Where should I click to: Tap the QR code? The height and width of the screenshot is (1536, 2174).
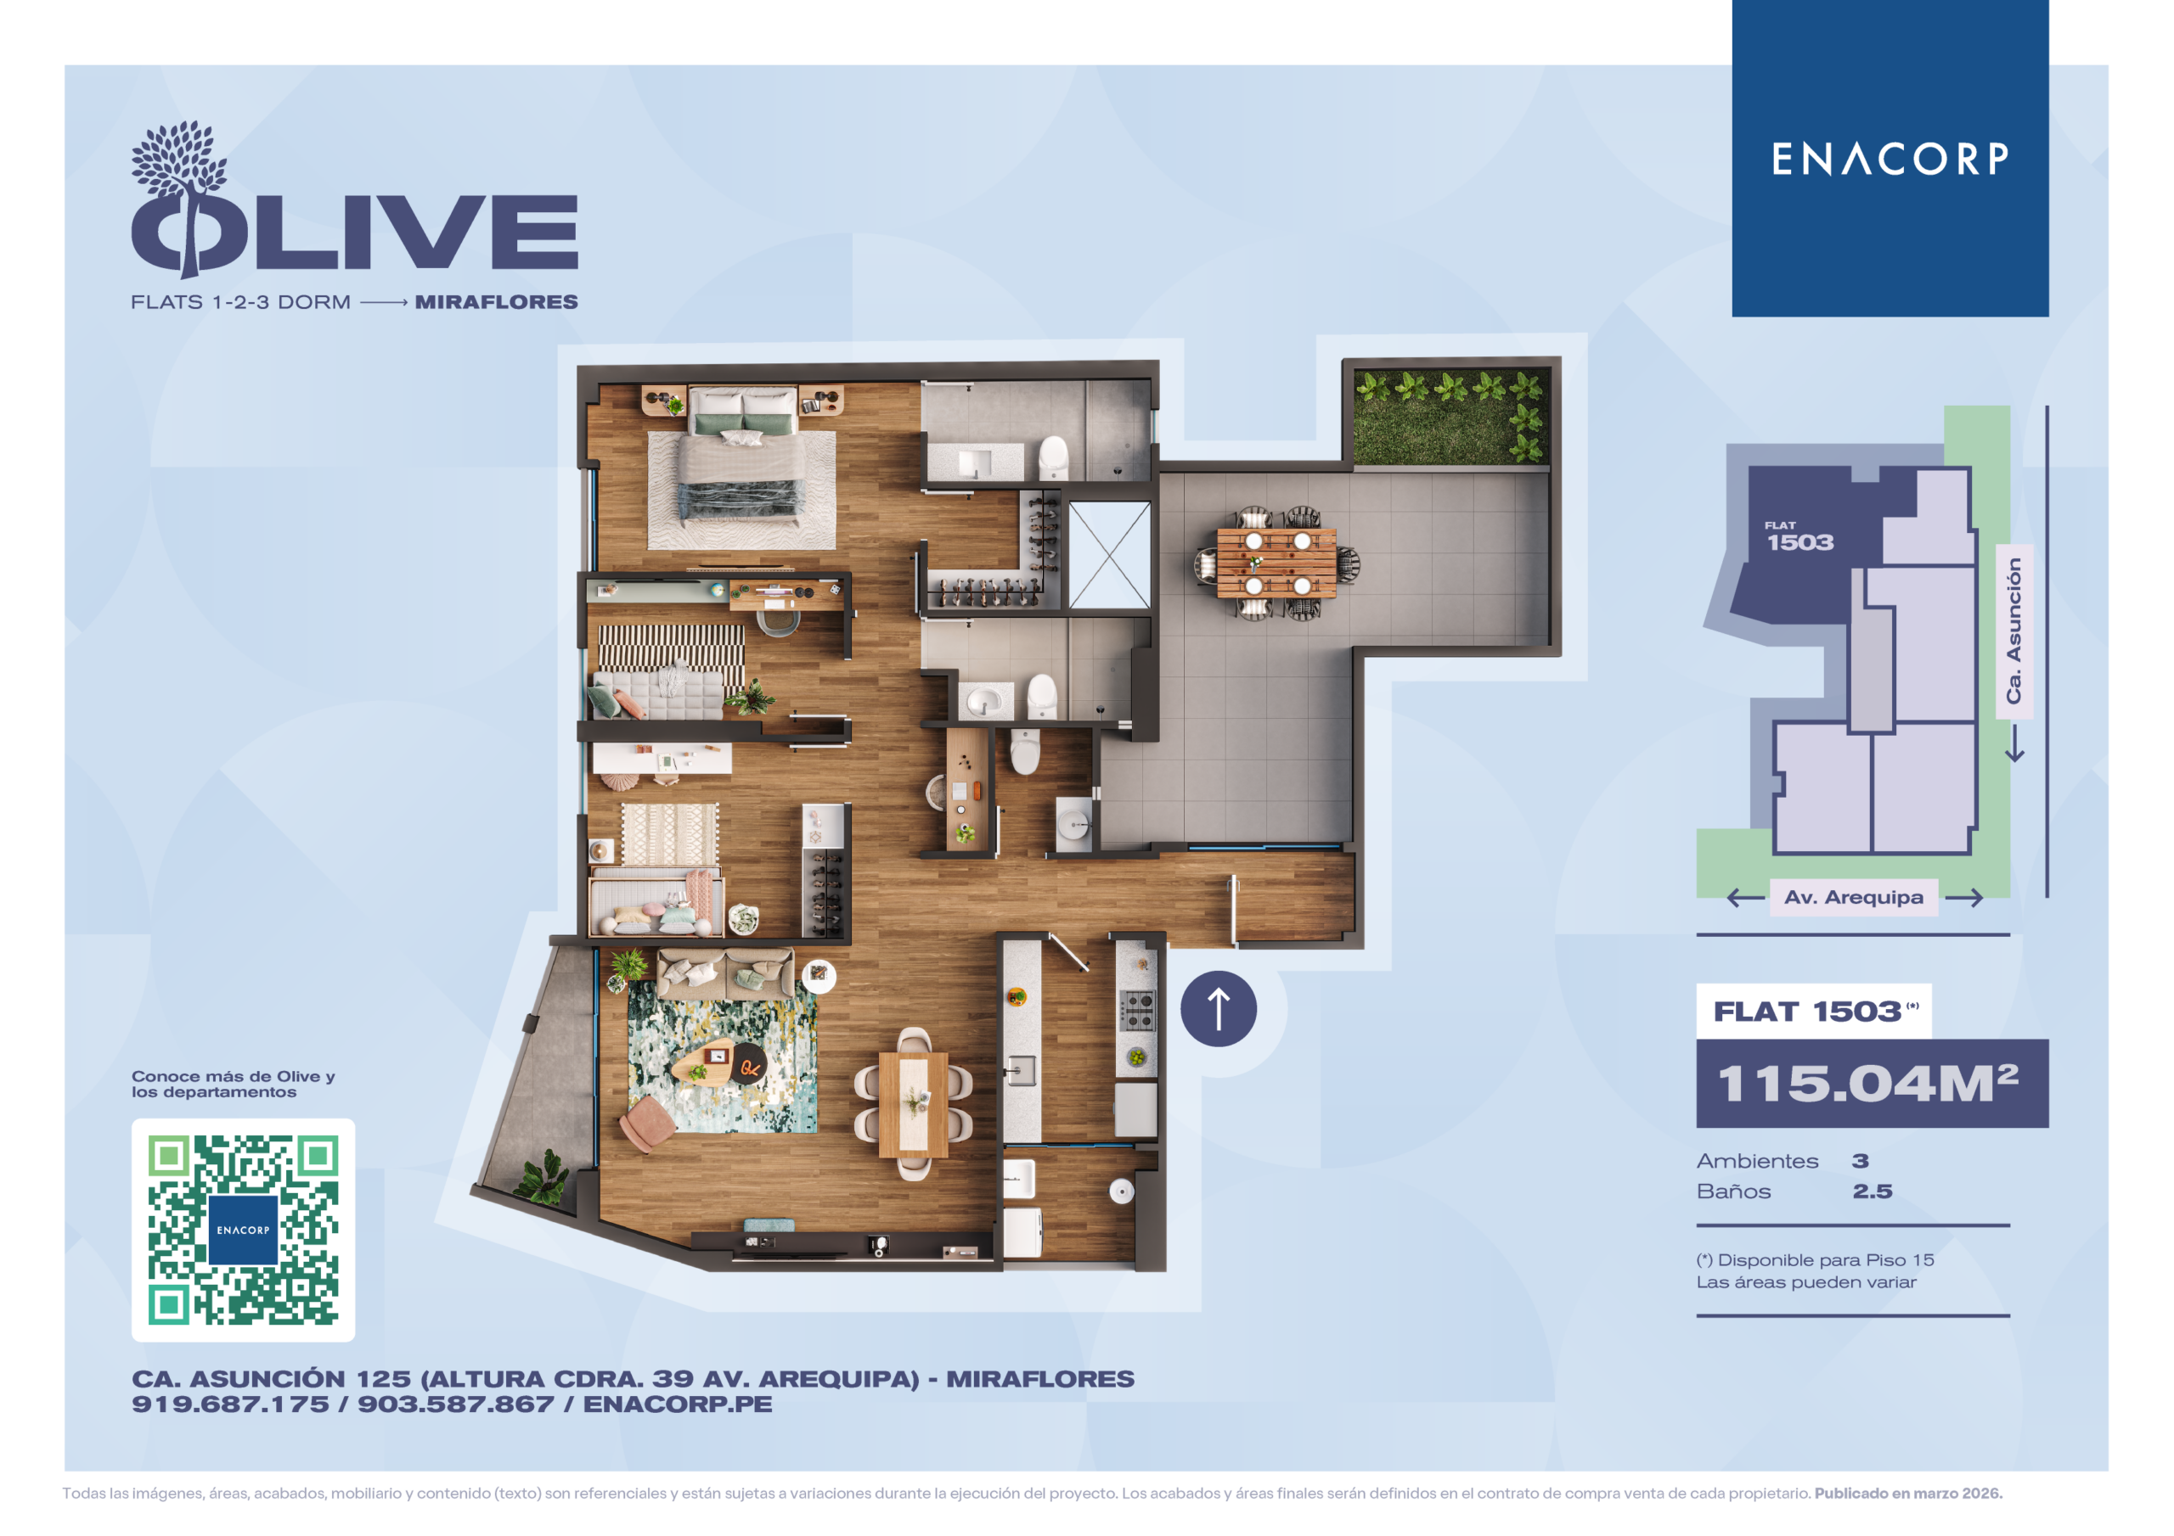[x=244, y=1230]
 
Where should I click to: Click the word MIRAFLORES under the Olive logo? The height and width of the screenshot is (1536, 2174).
[x=496, y=302]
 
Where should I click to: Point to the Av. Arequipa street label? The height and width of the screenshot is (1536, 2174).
[x=1853, y=897]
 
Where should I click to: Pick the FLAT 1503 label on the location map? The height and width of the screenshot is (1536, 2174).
[x=1799, y=537]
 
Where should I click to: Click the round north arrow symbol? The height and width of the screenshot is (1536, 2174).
[x=1219, y=1009]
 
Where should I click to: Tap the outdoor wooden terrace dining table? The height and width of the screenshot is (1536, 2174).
[x=1276, y=563]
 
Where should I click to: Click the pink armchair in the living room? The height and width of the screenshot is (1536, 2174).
[x=648, y=1124]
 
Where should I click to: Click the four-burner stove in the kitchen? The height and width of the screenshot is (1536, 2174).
[x=1136, y=1010]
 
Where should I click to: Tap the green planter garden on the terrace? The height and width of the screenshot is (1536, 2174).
[x=1450, y=417]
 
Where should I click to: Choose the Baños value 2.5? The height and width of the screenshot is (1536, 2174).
[x=1872, y=1191]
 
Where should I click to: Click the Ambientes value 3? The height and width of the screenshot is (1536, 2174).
[x=1861, y=1161]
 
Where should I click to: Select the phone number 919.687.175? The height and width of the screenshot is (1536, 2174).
[x=230, y=1404]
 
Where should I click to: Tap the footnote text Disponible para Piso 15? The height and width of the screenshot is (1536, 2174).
[x=1826, y=1260]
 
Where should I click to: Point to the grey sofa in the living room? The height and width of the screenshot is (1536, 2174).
[x=725, y=974]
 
